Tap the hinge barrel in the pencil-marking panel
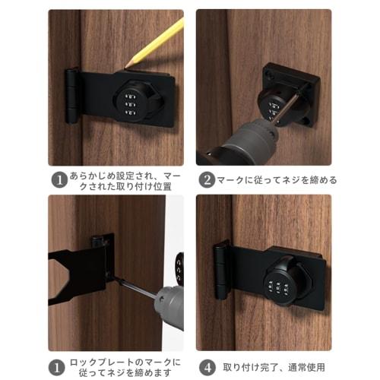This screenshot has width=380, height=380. click(x=71, y=96)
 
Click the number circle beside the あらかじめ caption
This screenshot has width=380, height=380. click(x=59, y=181)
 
